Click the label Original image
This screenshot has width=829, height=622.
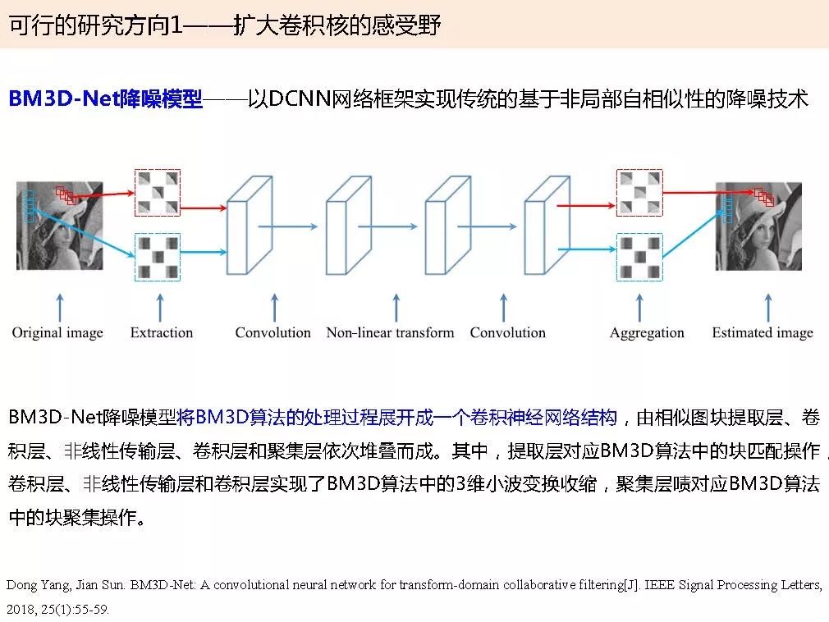coord(57,332)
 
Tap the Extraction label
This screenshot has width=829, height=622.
coord(162,332)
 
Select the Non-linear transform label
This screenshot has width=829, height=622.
coord(390,332)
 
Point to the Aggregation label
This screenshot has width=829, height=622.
coord(647,332)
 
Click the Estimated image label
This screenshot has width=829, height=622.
coord(763,332)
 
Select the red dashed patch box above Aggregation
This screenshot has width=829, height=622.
coord(639,193)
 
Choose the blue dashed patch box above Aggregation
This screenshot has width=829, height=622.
coord(639,257)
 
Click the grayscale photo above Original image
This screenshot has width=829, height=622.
coord(60,226)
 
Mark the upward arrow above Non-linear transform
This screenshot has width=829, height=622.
coord(396,307)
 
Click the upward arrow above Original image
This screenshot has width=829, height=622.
coord(58,307)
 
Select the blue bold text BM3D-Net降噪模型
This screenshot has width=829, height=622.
coord(105,99)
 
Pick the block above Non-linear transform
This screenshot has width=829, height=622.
coord(347,226)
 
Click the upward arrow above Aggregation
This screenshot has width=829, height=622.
coord(639,307)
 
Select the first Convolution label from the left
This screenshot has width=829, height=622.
coord(273,332)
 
